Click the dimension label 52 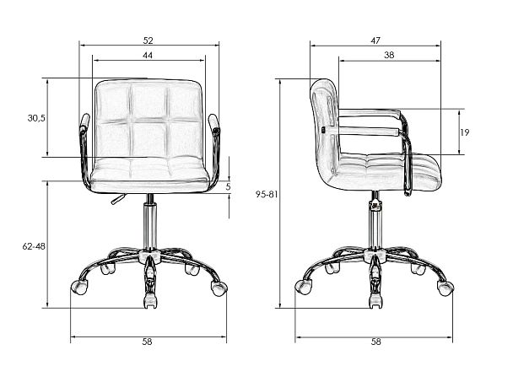(x=148, y=40)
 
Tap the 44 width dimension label (x=148, y=56)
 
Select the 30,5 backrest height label (x=36, y=118)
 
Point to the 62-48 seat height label (x=34, y=246)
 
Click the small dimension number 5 (x=229, y=186)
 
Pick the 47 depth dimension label (x=375, y=40)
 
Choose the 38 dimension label (x=389, y=55)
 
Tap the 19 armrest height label (x=465, y=132)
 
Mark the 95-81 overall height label (x=267, y=194)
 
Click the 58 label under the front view (x=147, y=342)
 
